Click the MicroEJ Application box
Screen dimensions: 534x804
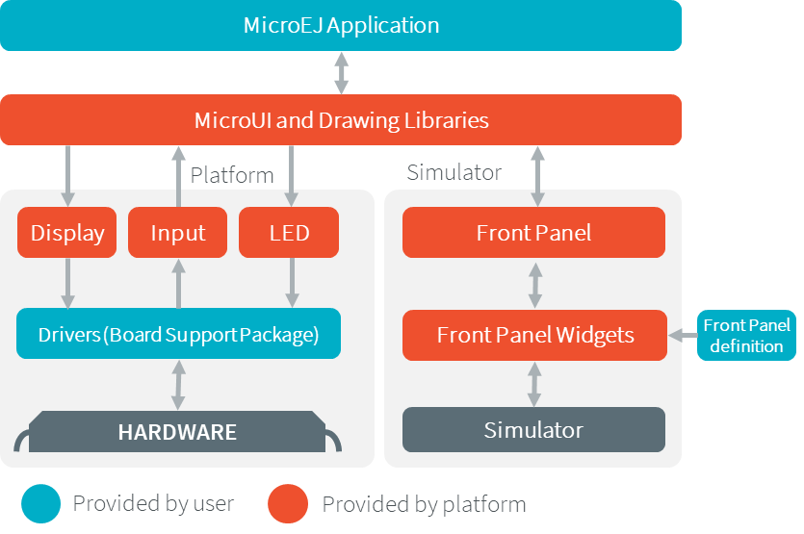tap(341, 25)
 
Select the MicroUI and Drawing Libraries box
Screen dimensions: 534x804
tap(341, 120)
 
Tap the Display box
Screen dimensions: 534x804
tap(67, 233)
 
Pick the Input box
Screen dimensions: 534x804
tap(178, 233)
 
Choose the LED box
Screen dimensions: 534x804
tap(289, 233)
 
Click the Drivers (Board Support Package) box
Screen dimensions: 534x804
tap(178, 334)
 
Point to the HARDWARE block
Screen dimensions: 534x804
tap(177, 432)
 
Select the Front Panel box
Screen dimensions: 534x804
tap(533, 233)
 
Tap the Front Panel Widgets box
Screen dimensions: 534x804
tap(534, 335)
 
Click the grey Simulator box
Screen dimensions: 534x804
tap(533, 429)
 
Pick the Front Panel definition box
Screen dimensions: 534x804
tap(746, 335)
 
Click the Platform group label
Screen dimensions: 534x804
tap(232, 175)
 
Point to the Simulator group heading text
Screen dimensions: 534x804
tap(454, 172)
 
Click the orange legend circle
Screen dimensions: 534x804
tap(288, 503)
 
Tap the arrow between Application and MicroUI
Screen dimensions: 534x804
tap(341, 72)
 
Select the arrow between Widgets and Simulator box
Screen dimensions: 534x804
tap(534, 383)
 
